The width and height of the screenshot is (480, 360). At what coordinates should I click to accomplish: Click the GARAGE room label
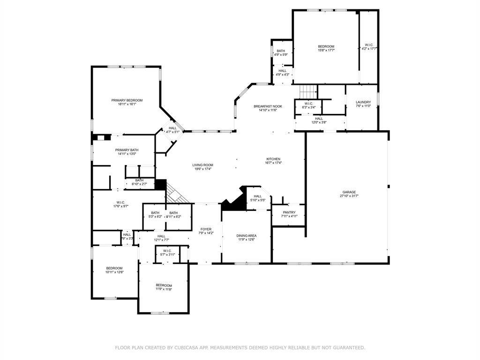tap(349, 192)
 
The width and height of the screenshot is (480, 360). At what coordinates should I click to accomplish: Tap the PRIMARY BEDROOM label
tap(127, 100)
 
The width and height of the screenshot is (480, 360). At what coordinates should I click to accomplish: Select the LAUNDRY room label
tap(363, 102)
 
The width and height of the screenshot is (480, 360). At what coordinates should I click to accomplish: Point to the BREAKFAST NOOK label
tap(268, 106)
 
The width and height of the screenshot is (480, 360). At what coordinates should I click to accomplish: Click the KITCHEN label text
tap(273, 159)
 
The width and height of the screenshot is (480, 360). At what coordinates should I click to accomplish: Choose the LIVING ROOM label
tap(203, 165)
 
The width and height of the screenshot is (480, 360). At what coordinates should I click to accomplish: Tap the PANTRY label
tap(289, 212)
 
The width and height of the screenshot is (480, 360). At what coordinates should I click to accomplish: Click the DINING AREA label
tap(247, 236)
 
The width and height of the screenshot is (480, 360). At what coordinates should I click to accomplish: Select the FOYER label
tap(206, 229)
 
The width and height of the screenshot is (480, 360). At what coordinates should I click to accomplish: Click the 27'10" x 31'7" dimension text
tap(349, 196)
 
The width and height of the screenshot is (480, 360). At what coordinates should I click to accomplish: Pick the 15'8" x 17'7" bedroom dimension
tap(326, 51)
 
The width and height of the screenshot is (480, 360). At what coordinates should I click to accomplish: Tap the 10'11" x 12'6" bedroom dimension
tap(114, 272)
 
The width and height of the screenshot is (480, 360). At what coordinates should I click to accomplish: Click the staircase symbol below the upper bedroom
tap(307, 90)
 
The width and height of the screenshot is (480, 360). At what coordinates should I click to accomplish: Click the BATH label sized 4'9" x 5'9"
tap(281, 51)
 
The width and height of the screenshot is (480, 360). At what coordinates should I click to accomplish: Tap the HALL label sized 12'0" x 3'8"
tap(319, 119)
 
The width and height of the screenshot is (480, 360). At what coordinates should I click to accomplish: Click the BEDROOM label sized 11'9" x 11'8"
tap(164, 285)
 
